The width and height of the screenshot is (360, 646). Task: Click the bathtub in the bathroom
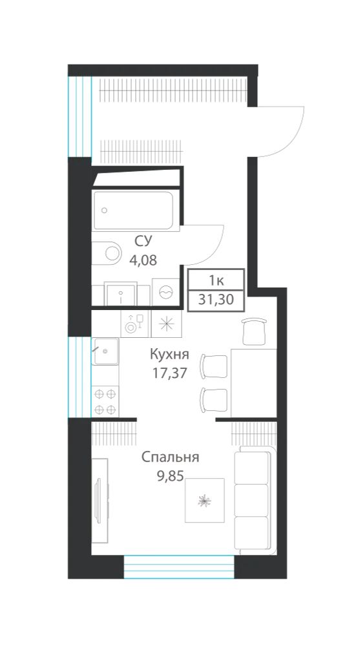point(133,210)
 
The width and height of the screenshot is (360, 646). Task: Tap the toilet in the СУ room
point(108,252)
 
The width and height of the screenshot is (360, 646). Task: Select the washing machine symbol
point(165,292)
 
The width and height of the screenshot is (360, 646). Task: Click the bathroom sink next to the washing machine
point(120,294)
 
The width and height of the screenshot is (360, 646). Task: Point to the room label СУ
point(143,242)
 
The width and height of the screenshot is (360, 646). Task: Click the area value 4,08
point(143,260)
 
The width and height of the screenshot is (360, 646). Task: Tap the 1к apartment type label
point(216,281)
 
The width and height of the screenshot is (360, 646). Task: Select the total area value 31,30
point(216,300)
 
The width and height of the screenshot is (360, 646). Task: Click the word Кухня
point(169,354)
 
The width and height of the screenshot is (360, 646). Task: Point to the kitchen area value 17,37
point(169,373)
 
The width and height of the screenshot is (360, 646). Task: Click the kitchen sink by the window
point(106,351)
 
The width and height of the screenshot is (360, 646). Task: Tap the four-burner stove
point(105,401)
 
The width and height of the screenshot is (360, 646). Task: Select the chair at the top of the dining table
point(253,331)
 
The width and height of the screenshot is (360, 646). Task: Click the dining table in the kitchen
point(253,382)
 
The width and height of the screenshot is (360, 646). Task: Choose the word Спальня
point(171,457)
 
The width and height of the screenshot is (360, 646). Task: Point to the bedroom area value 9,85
point(170,476)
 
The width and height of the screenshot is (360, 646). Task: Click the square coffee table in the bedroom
point(204,500)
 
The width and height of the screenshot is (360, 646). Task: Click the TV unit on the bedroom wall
point(100,500)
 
